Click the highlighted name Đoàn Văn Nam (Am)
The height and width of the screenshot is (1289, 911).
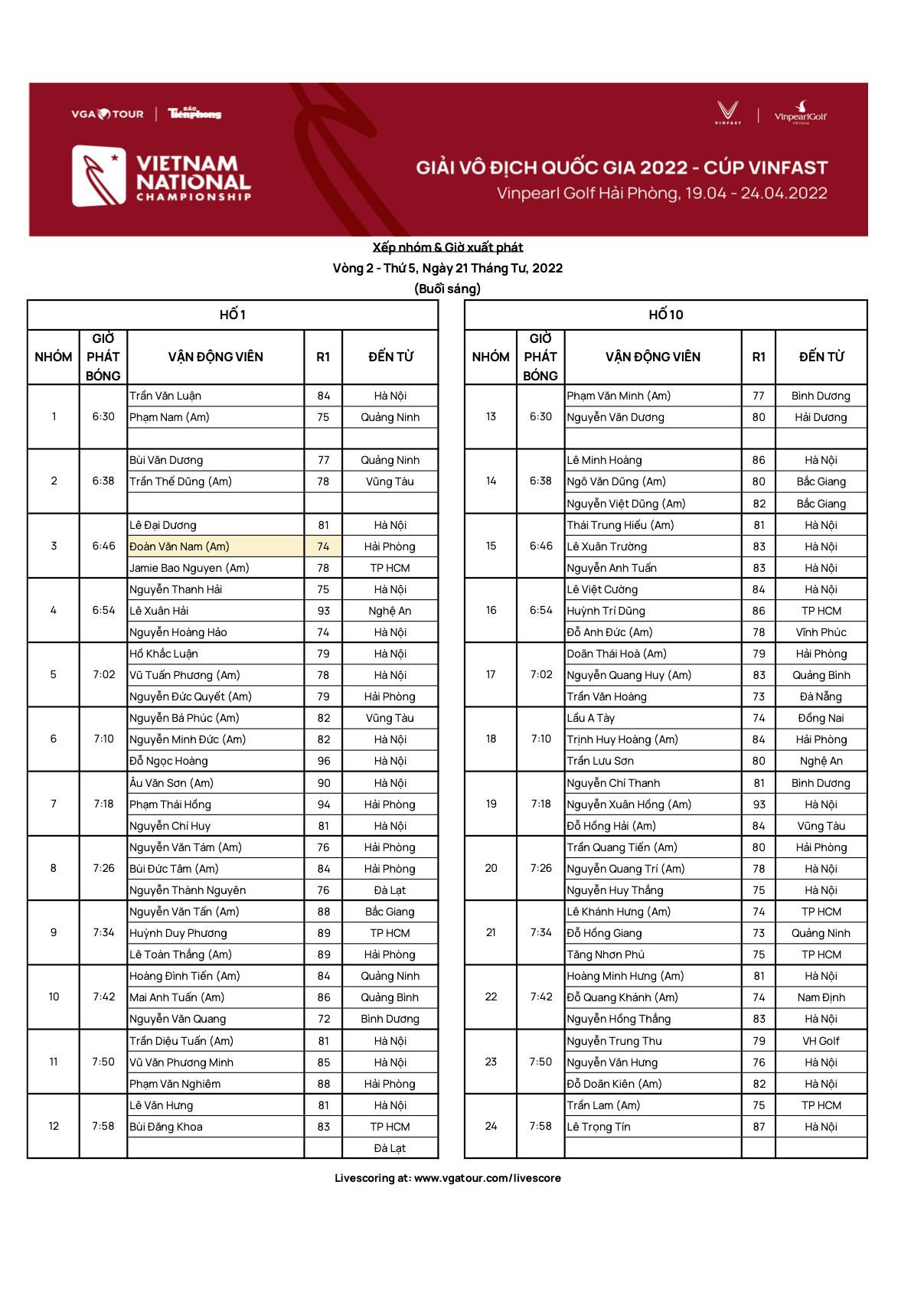(179, 547)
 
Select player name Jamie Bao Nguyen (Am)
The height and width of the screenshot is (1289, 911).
(189, 568)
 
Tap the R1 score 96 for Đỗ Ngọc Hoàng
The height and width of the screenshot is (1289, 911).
(323, 761)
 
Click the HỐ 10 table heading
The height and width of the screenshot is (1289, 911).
(665, 315)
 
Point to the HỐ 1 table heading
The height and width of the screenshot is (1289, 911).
(233, 315)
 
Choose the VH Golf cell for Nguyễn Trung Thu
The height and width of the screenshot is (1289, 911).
(821, 1041)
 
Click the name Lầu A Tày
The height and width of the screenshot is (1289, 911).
(590, 718)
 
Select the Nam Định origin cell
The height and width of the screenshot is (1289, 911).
(821, 997)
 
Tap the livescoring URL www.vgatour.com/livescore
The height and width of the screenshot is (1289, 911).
(487, 1178)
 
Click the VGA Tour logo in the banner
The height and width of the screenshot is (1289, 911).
(107, 114)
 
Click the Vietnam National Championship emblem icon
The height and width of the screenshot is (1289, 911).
(99, 176)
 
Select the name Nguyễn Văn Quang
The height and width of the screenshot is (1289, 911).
(178, 1019)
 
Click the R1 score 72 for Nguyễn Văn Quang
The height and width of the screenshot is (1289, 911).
(323, 1019)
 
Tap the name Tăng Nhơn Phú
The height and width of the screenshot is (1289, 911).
(606, 955)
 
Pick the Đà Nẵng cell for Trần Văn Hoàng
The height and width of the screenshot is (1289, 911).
(821, 697)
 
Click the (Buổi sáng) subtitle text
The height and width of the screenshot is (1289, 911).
(447, 289)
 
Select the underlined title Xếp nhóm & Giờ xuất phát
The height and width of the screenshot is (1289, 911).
(448, 247)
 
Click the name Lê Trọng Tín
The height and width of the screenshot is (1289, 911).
(599, 1127)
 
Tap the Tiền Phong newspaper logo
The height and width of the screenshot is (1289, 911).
(194, 114)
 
